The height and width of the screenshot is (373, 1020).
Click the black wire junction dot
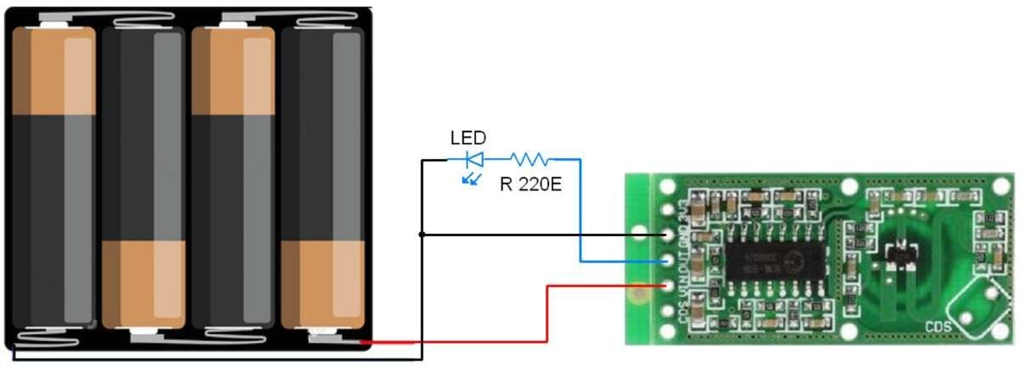pos(422,234)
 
